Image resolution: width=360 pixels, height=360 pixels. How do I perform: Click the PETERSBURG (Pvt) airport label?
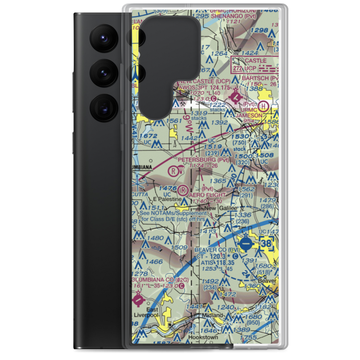203,159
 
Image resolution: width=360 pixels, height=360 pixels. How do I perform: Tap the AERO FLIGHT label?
208,195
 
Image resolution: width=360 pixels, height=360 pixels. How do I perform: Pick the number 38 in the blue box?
266,244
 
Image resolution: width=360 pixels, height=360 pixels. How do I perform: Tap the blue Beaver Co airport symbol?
246,243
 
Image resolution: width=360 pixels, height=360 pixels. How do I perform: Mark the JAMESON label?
249,115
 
